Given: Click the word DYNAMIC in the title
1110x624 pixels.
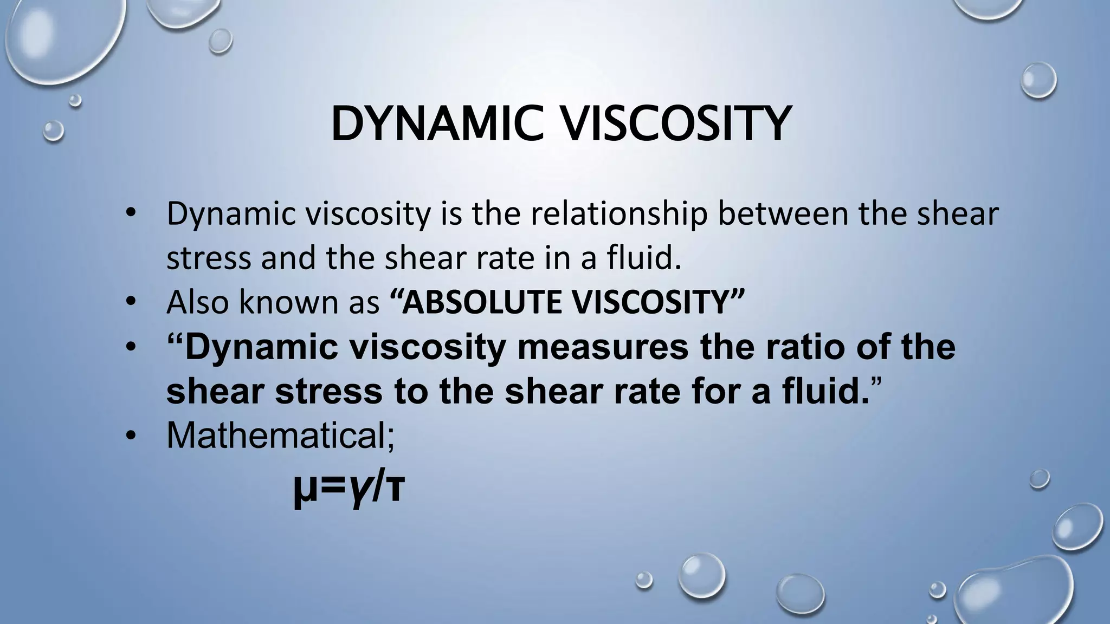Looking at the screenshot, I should click(437, 125).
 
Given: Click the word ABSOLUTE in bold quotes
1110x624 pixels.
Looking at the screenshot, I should click(482, 302).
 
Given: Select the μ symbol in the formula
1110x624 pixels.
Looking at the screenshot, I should click(304, 490).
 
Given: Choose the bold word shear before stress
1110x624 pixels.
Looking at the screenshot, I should click(214, 391).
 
